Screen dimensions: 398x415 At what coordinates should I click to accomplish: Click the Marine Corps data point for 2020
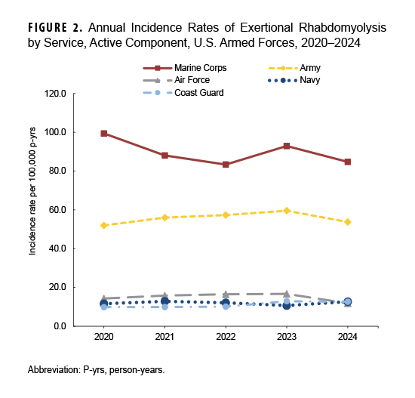pyautogui.click(x=104, y=134)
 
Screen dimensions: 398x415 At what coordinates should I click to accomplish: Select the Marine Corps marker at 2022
pyautogui.click(x=226, y=165)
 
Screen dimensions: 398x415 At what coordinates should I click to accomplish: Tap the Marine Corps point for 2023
pyautogui.click(x=287, y=146)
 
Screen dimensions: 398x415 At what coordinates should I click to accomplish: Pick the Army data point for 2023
pyautogui.click(x=287, y=211)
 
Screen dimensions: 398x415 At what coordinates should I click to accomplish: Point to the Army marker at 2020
pyautogui.click(x=104, y=225)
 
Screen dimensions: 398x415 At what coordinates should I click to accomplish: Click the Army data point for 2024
pyautogui.click(x=347, y=222)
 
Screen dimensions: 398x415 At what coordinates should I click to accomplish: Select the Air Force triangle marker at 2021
pyautogui.click(x=165, y=295)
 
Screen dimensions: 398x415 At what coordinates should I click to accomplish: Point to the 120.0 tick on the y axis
pyautogui.click(x=78, y=94)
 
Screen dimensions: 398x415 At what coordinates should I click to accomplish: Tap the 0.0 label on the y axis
pyautogui.click(x=82, y=326)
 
